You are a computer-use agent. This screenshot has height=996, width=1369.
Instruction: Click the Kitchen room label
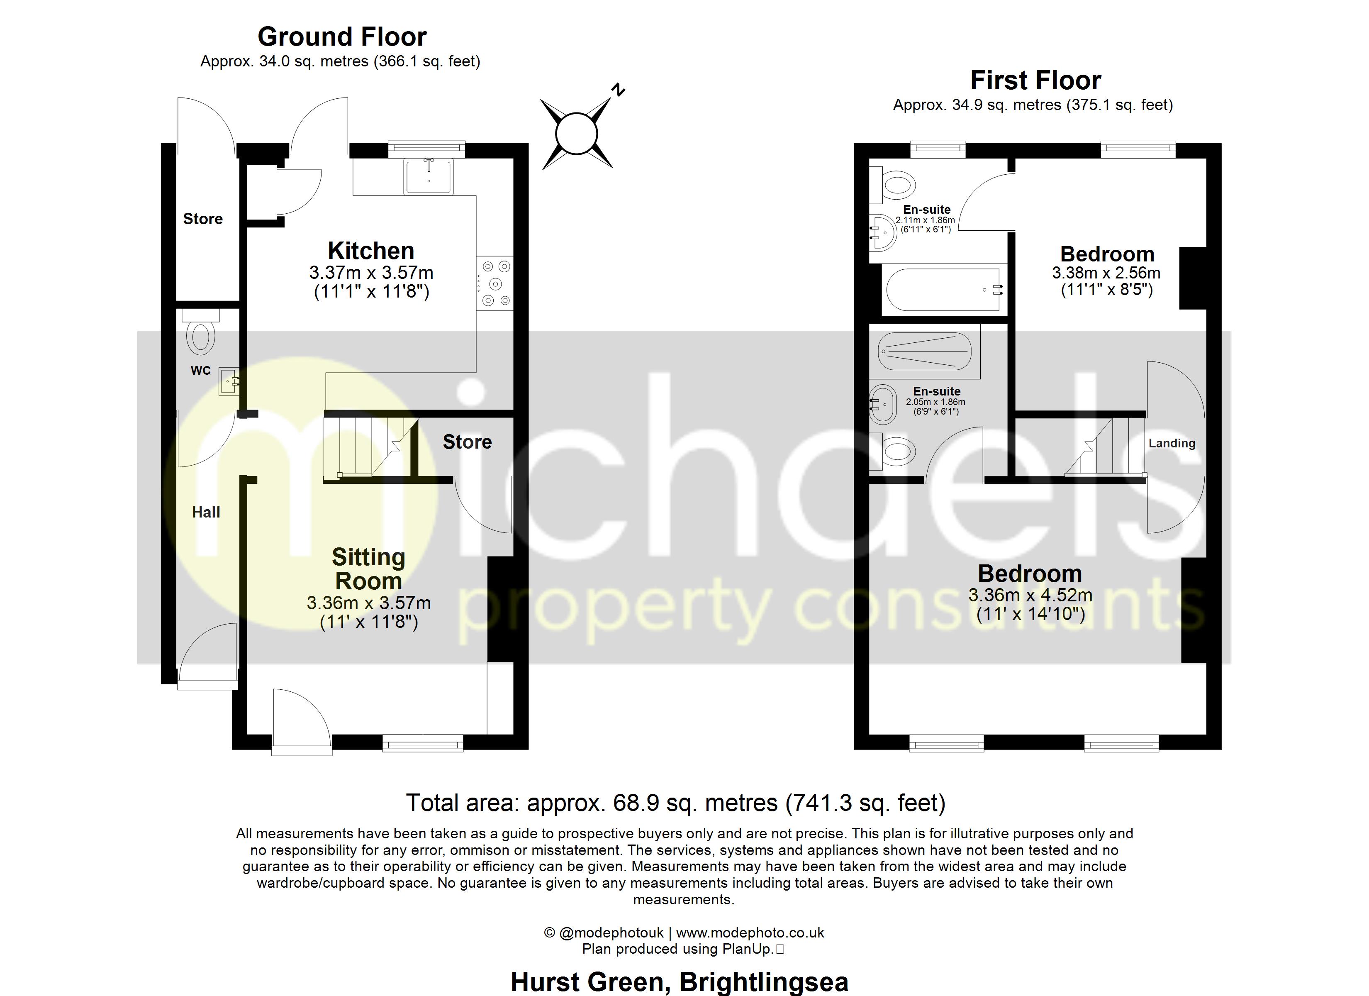[x=370, y=251]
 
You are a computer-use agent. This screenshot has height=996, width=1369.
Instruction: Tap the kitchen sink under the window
[x=429, y=176]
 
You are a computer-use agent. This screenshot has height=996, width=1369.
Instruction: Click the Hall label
[x=206, y=512]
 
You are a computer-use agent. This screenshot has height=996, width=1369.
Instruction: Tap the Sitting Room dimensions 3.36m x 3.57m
[x=369, y=603]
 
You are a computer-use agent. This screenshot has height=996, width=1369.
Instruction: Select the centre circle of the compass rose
[x=577, y=134]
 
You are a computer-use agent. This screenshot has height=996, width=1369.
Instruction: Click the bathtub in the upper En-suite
[x=944, y=290]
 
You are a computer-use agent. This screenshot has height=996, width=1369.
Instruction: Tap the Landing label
[x=1172, y=443]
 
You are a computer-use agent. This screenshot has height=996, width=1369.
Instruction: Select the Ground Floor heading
[x=342, y=37]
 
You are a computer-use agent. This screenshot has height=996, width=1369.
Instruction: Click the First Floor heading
[x=1035, y=81]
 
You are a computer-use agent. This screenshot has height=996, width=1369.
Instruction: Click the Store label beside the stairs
[x=467, y=442]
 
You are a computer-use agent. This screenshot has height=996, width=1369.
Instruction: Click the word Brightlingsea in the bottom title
[x=764, y=981]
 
